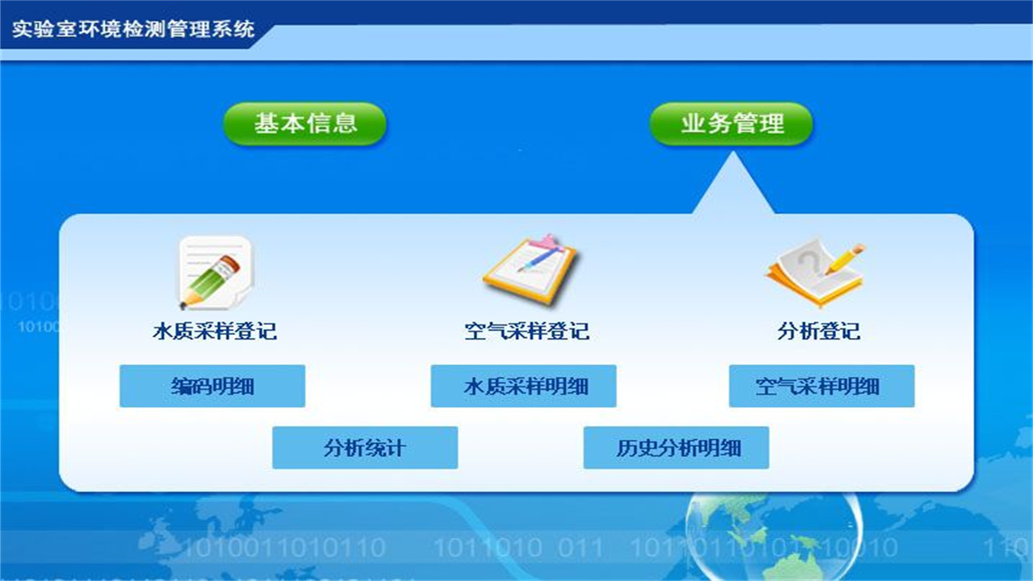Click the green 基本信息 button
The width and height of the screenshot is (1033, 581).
[x=305, y=123]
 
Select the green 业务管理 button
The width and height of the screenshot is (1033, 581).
[x=731, y=123]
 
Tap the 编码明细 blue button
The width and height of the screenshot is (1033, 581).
[x=212, y=386]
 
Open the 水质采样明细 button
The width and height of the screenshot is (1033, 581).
[x=524, y=386]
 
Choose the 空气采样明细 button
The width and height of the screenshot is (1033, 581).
[x=822, y=386]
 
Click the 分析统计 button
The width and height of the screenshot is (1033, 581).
[x=365, y=448]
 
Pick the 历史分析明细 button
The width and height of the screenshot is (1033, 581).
[x=676, y=448]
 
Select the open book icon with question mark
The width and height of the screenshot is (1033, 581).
[x=814, y=271]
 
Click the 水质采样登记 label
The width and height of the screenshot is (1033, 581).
[x=215, y=331]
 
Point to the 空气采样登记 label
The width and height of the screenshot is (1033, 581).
[x=527, y=331]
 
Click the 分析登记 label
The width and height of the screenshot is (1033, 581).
[x=819, y=331]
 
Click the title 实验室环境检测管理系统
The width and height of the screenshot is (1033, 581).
[x=133, y=30]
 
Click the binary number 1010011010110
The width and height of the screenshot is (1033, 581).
[x=284, y=549]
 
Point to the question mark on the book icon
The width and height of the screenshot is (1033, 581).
[x=807, y=260]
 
